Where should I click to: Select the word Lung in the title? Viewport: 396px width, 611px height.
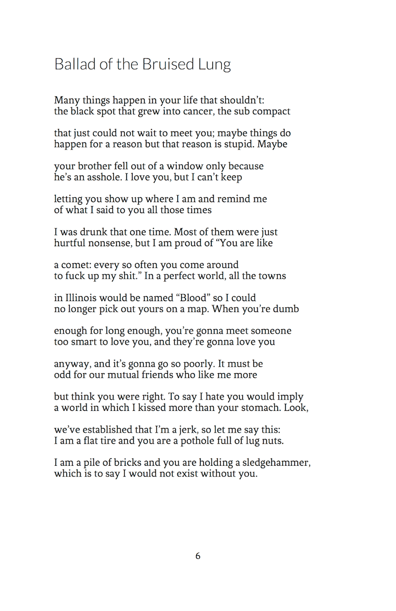coord(215,65)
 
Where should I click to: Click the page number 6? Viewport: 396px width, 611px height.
coord(198,556)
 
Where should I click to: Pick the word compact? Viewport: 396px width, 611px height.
coord(271,111)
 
